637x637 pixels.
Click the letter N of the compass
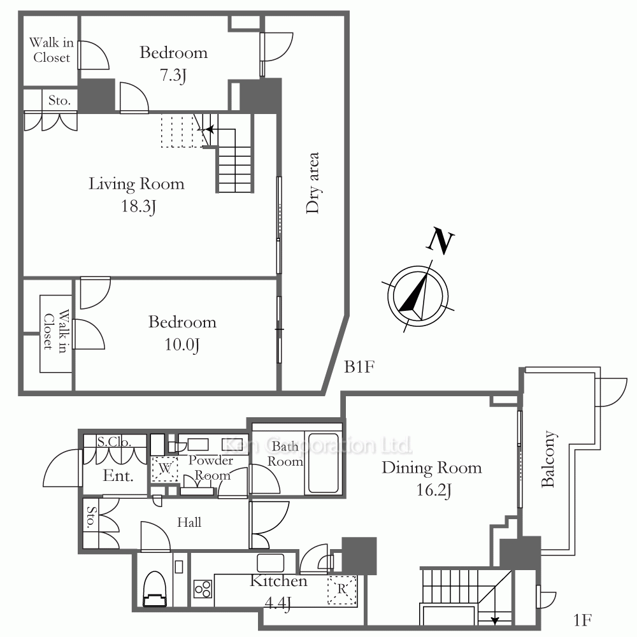click(440, 241)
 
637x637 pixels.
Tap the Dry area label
click(313, 183)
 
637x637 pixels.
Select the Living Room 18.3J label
click(137, 195)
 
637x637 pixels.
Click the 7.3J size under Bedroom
click(173, 76)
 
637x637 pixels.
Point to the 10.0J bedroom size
click(182, 345)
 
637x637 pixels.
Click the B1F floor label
click(359, 367)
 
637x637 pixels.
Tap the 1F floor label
click(582, 620)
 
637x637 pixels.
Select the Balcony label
click(548, 459)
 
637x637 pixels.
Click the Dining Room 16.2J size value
click(434, 490)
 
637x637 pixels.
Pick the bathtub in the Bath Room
click(324, 463)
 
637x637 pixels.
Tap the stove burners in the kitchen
click(203, 589)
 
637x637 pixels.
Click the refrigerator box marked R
click(342, 589)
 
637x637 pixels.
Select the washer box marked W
click(165, 468)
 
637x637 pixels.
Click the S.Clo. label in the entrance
click(114, 441)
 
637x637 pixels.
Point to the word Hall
click(189, 522)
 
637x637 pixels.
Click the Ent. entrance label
click(118, 475)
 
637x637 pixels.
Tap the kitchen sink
click(271, 563)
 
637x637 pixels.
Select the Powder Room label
click(211, 468)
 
